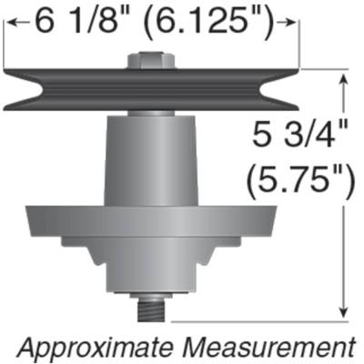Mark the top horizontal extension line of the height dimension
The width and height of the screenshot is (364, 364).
(x=323, y=72)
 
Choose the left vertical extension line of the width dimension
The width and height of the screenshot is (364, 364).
(x=5, y=45)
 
